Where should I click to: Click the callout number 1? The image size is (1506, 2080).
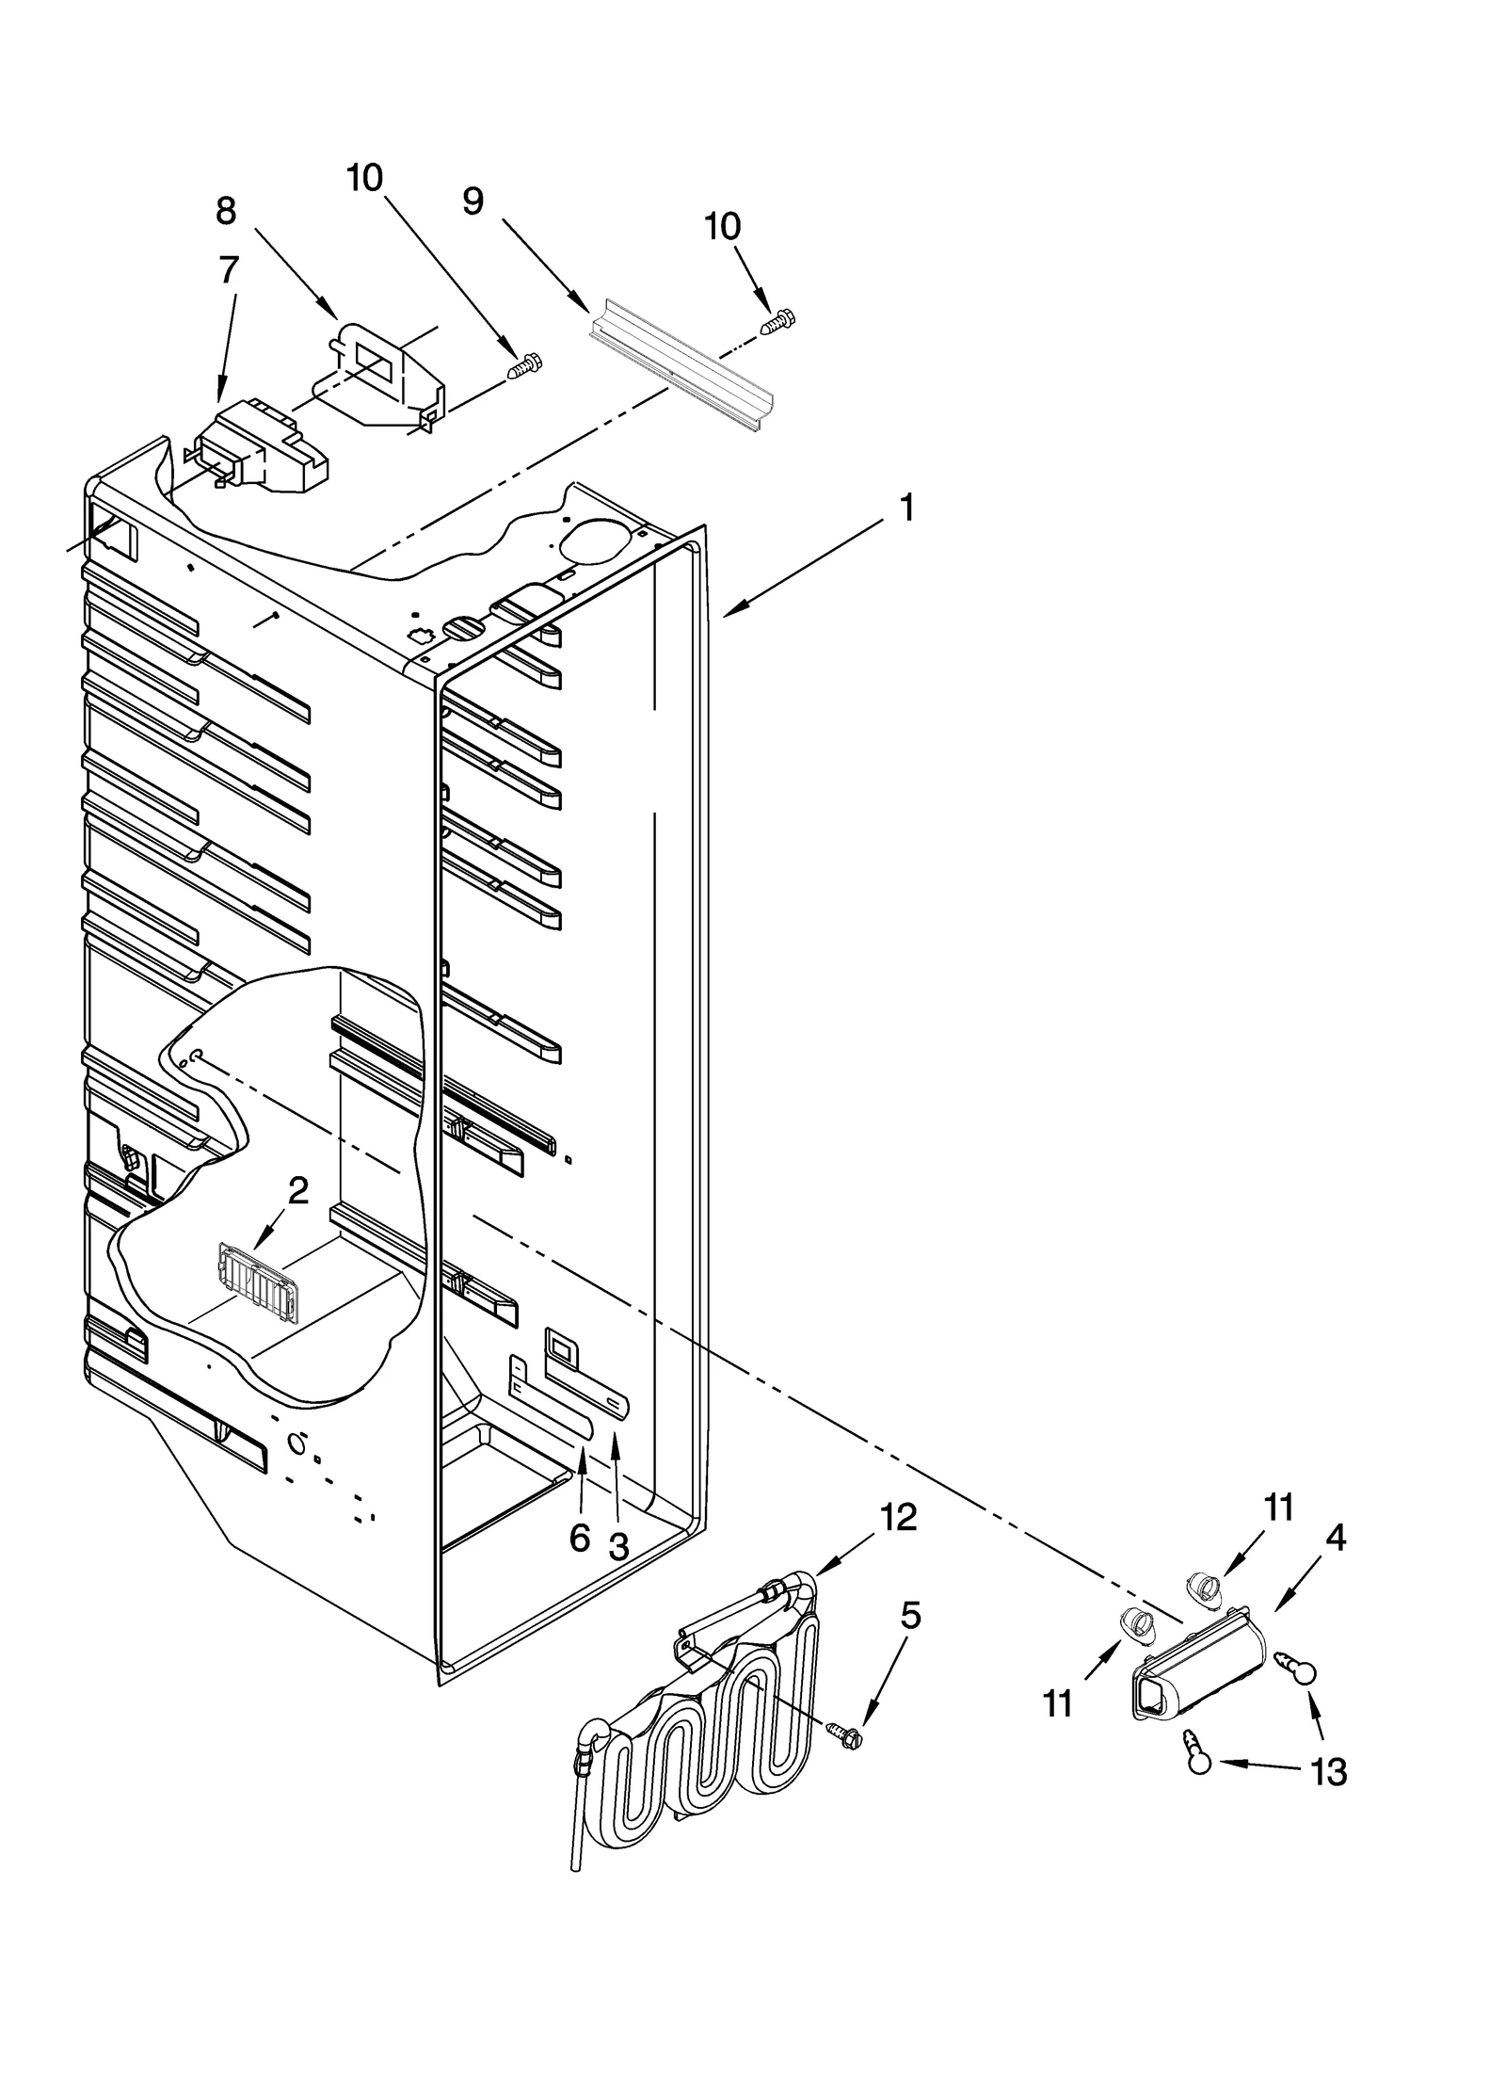coord(905,509)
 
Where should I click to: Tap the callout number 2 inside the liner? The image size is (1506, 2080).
coord(297,1191)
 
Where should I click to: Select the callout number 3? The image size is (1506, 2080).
coord(617,1547)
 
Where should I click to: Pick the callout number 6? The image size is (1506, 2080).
coord(580,1539)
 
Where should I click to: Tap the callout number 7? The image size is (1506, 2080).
coord(229,270)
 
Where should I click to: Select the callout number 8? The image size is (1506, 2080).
coord(226,211)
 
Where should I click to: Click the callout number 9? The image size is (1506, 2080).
coord(473,201)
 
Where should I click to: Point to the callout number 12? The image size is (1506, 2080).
coord(898,1517)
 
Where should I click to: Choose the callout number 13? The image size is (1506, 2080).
coord(1329,1774)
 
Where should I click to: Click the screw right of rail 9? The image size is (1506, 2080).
coord(777,323)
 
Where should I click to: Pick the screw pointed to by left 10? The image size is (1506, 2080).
coord(525,364)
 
